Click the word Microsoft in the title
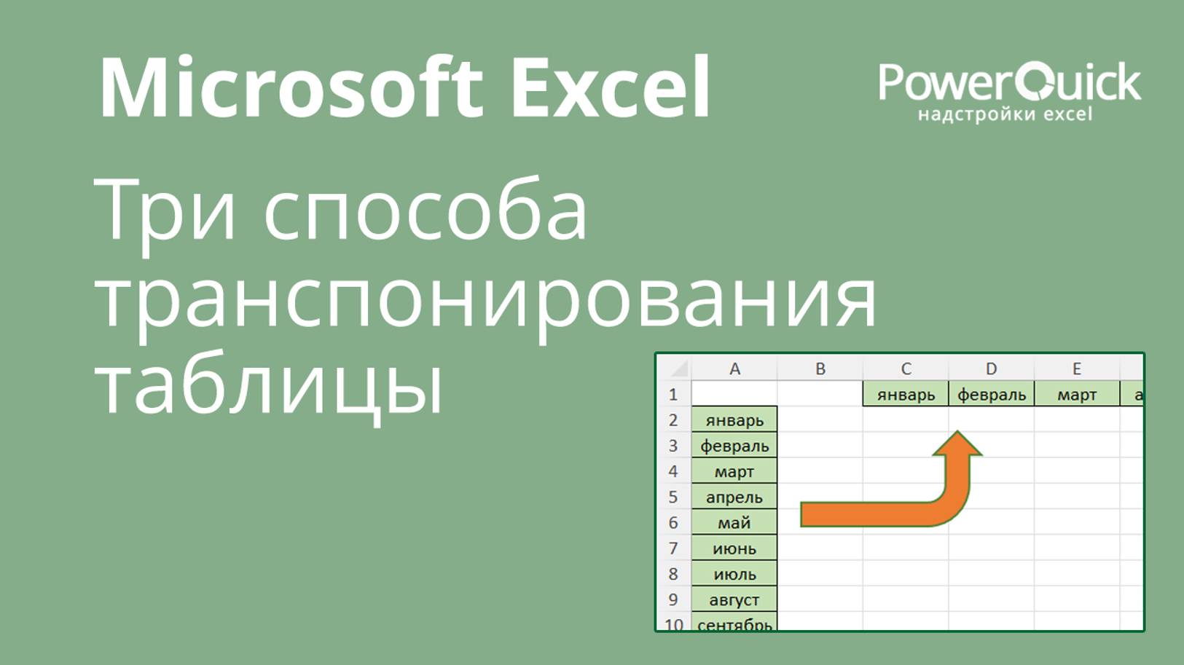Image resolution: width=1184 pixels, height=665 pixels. (291, 87)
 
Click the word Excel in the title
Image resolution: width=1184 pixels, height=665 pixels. (611, 87)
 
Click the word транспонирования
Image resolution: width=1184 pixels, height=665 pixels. (485, 304)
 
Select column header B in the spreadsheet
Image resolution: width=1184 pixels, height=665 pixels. (820, 368)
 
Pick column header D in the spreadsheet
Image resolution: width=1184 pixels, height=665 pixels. (991, 368)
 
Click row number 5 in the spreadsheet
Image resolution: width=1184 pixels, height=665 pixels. (673, 497)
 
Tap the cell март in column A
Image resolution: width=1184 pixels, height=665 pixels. (734, 471)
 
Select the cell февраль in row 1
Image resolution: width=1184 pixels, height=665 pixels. (992, 394)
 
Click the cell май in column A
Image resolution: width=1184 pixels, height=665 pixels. (734, 522)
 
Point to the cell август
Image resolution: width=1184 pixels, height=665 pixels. (734, 599)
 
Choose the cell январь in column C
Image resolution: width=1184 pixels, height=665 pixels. (906, 394)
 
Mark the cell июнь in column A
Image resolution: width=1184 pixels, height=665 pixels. (734, 548)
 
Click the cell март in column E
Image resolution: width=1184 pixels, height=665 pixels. (1077, 394)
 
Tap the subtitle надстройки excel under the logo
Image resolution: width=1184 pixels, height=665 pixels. (1005, 114)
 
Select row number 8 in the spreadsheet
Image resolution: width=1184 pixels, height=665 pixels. (673, 574)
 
